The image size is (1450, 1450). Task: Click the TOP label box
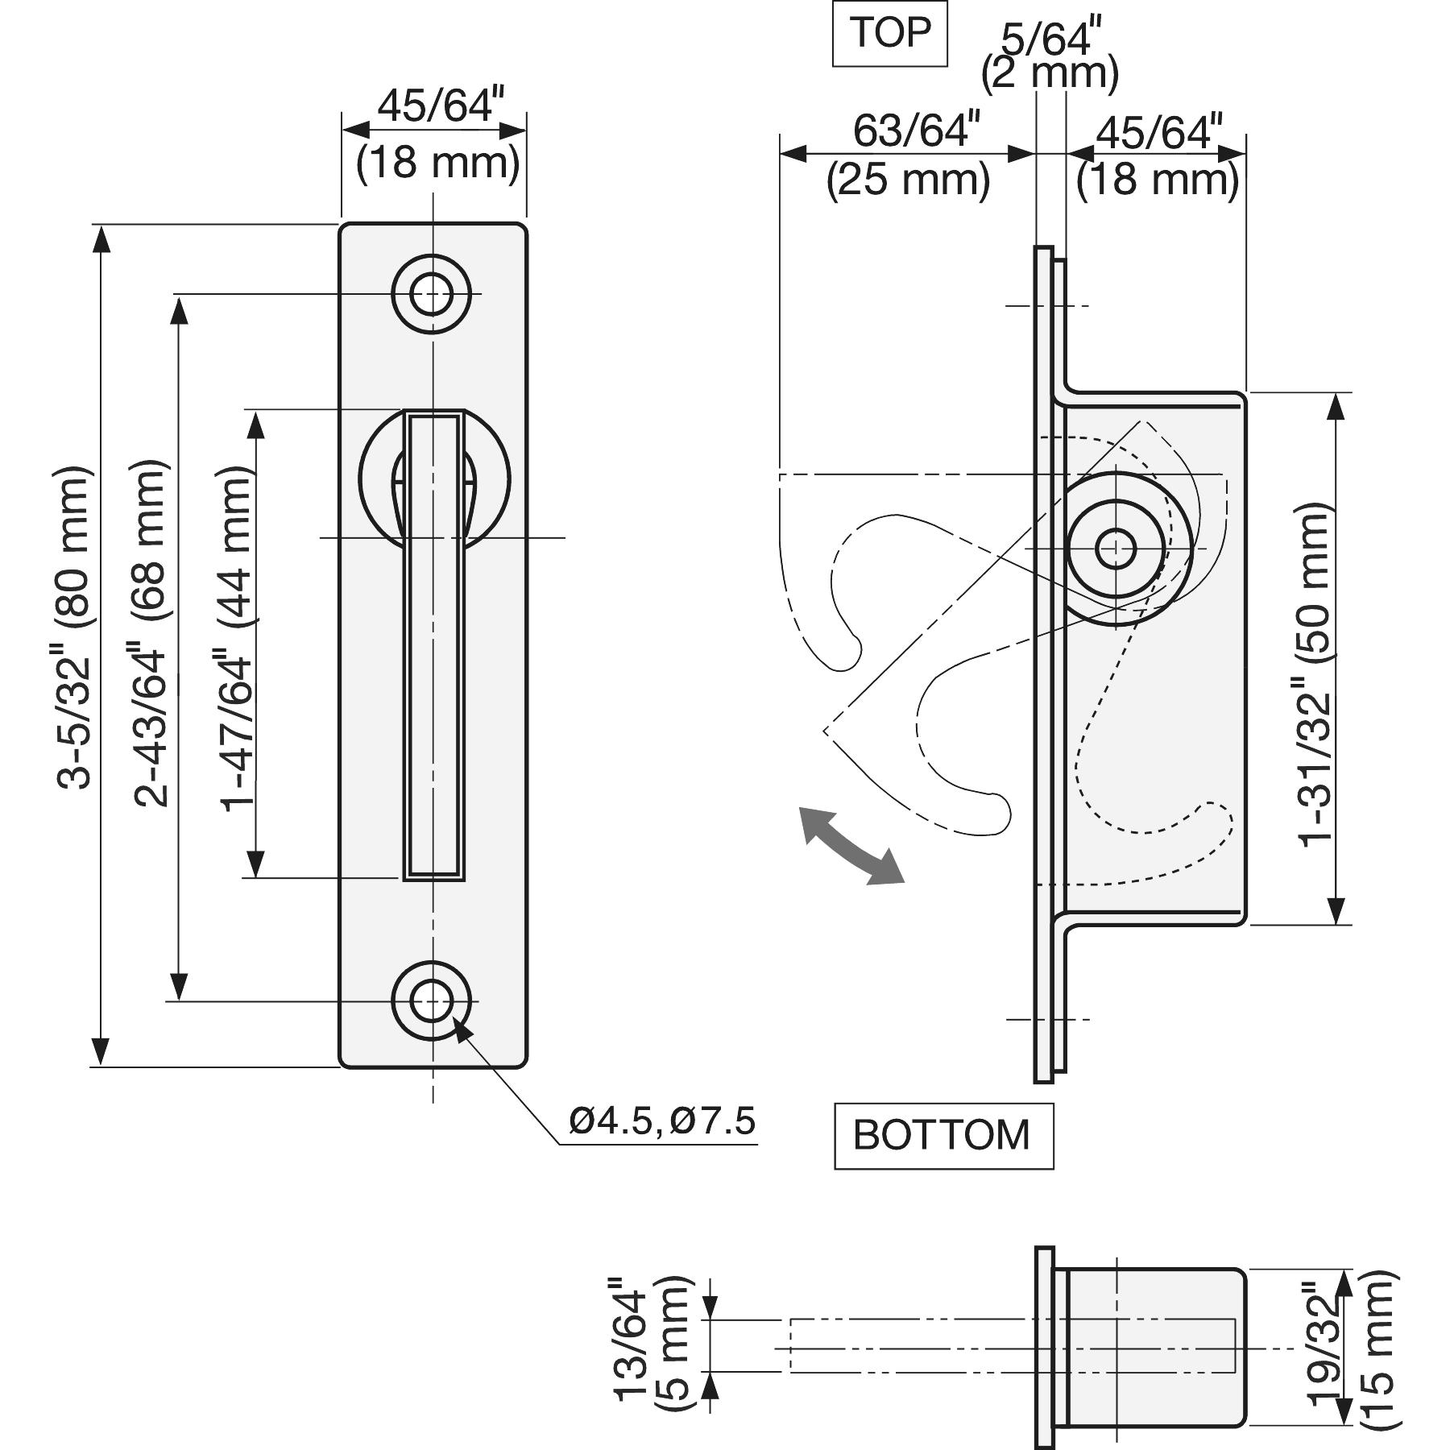point(889,34)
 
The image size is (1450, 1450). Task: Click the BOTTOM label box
point(942,1135)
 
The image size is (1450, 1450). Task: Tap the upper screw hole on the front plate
point(432,294)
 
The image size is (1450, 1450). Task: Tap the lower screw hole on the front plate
point(432,1001)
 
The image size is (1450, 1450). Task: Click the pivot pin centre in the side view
point(1116,548)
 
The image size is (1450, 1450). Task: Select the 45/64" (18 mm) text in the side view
point(1158,157)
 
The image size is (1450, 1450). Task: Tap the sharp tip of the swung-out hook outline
point(825,730)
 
